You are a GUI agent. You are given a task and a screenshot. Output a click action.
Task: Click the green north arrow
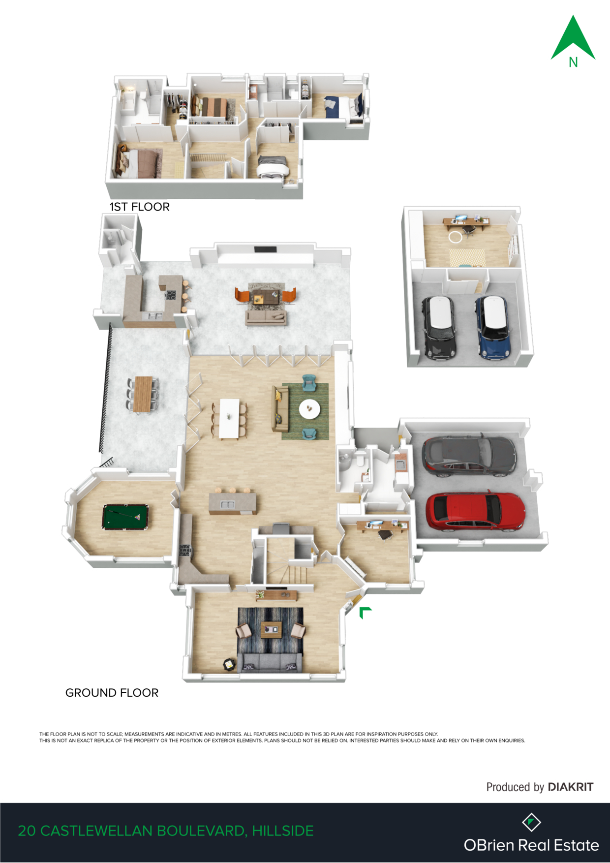pyautogui.click(x=573, y=38)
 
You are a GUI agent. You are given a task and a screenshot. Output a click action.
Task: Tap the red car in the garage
pyautogui.click(x=475, y=511)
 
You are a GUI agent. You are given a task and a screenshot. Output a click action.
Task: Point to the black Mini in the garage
pyautogui.click(x=439, y=327)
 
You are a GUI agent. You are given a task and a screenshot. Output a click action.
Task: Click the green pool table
pyautogui.click(x=125, y=517)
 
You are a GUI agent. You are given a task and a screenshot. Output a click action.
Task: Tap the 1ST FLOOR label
pyautogui.click(x=140, y=207)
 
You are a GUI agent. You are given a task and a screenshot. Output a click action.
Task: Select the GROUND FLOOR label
pyautogui.click(x=112, y=693)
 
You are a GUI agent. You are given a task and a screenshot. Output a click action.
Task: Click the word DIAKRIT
pyautogui.click(x=571, y=787)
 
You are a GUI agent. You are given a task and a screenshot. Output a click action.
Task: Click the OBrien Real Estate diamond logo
pyautogui.click(x=531, y=822)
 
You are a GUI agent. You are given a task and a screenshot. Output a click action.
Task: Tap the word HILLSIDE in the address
pyautogui.click(x=283, y=831)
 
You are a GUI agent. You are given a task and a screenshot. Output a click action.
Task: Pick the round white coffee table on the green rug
pyautogui.click(x=309, y=408)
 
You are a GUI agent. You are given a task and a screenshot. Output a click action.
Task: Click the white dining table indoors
pyautogui.click(x=229, y=418)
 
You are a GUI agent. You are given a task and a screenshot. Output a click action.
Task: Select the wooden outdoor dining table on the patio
pyautogui.click(x=143, y=394)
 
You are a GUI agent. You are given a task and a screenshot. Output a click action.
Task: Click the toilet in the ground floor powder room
pyautogui.click(x=360, y=460)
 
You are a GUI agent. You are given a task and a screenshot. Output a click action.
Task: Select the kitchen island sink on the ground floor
pyautogui.click(x=227, y=505)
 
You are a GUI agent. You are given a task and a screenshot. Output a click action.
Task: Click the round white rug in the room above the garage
pyautogui.click(x=456, y=237)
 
